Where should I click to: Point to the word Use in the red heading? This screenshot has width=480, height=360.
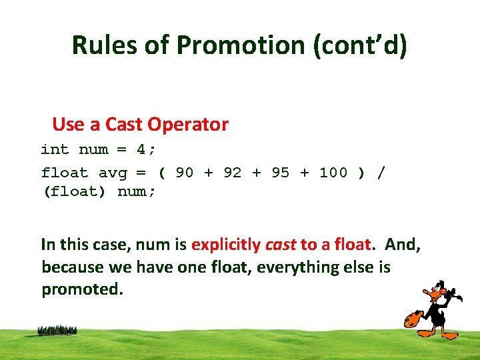point(67,125)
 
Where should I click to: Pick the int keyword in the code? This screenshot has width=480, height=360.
point(55,149)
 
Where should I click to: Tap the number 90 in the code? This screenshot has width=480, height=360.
point(185,173)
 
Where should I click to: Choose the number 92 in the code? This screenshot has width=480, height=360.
point(233,173)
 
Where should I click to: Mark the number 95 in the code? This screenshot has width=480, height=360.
point(281,173)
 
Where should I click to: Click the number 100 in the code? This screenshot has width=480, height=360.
point(333,173)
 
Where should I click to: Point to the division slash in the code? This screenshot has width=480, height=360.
point(381,173)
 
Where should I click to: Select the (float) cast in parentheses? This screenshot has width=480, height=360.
point(74,193)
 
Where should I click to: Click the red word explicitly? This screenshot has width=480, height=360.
point(226,245)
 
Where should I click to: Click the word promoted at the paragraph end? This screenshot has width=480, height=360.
point(82,290)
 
